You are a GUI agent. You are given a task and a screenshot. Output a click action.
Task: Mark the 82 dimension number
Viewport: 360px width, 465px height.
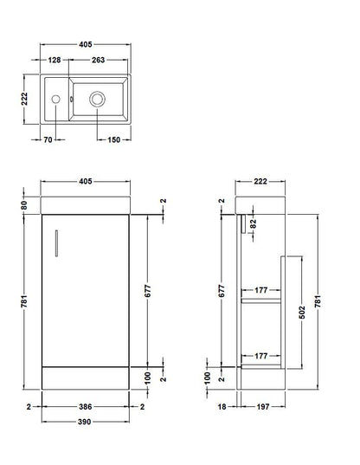coord(253,224)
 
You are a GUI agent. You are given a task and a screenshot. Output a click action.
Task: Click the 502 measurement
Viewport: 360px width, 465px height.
coord(300,313)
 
